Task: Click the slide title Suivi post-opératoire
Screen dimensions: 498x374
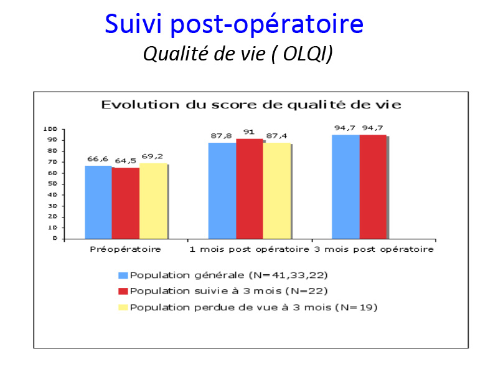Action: pos(234,25)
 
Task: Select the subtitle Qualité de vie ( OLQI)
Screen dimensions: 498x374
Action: pos(238,54)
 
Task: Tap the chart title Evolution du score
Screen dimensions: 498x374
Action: pos(251,105)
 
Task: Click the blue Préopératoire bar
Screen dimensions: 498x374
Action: pos(98,202)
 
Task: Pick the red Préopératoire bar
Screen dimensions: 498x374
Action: pos(126,203)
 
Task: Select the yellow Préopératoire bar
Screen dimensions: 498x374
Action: pos(153,201)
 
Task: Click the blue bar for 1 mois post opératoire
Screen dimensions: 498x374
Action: pos(222,191)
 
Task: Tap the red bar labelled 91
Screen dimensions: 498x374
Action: pos(250,189)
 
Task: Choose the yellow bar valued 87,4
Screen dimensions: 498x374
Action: pos(276,191)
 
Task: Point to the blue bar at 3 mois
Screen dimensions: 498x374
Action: pos(345,186)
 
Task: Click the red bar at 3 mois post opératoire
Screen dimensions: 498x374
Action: pos(373,186)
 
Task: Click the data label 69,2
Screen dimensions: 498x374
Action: pos(152,156)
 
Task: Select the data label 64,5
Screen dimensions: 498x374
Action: pos(126,161)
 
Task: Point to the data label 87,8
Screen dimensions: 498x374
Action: pos(222,136)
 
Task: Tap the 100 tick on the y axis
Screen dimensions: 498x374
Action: pos(50,129)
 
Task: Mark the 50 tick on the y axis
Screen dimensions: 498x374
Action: pos(52,184)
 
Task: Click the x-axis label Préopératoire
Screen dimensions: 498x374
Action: pos(125,249)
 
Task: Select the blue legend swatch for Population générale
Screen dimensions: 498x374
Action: pos(123,276)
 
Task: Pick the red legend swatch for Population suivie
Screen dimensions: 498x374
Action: pos(123,291)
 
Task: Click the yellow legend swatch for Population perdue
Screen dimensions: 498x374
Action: pos(123,307)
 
